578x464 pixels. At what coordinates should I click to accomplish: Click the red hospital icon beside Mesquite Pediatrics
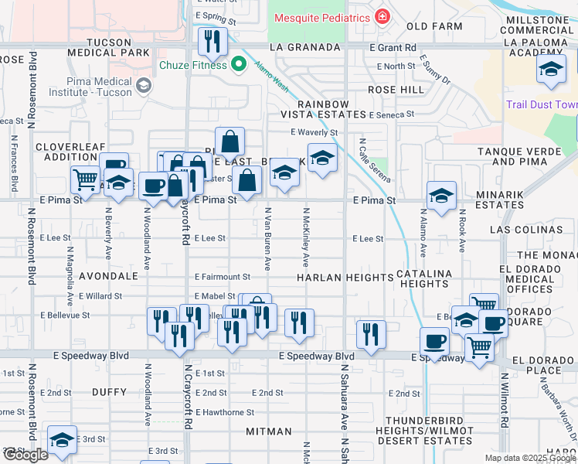tap(381, 17)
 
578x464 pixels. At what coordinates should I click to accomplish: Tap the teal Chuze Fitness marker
tap(238, 65)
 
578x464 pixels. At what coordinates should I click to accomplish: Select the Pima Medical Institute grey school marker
tap(142, 86)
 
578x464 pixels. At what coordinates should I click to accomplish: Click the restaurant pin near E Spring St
tap(210, 42)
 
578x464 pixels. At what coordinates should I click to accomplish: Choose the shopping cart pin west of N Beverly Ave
tap(84, 179)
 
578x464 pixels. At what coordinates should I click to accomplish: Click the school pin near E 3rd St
tap(62, 441)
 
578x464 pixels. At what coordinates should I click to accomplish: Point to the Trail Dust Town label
tap(542, 104)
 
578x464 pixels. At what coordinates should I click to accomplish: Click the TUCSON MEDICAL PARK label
tap(108, 46)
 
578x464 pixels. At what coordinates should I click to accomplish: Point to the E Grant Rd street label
tap(393, 47)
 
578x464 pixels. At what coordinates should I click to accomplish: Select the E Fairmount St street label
tap(223, 276)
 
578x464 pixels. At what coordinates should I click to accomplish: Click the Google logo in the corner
tap(25, 455)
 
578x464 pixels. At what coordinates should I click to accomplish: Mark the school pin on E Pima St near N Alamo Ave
tap(441, 196)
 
